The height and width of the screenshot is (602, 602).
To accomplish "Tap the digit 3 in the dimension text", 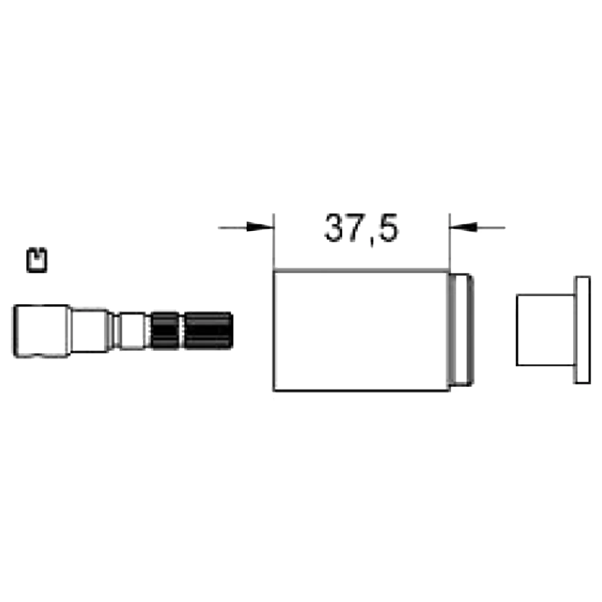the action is point(336,228).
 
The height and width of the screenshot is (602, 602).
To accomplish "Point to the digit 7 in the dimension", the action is point(358,228).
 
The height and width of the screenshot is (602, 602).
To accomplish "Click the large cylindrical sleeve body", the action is point(361,331).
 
